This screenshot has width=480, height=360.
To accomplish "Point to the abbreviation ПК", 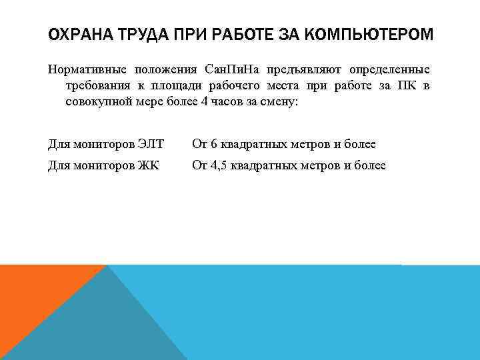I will click(x=406, y=87).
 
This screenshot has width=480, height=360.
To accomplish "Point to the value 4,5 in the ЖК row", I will click(x=219, y=165).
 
